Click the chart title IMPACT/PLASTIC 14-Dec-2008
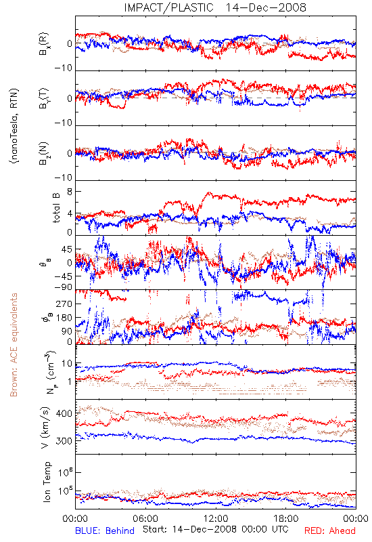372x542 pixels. (x=215, y=7)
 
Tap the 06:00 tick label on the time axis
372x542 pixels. (x=145, y=518)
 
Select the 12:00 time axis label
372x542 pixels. (x=216, y=518)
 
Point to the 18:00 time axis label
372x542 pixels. (x=286, y=518)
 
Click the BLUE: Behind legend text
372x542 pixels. (x=105, y=530)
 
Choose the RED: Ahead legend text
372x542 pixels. (x=330, y=530)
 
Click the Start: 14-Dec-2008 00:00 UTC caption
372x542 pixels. (x=216, y=529)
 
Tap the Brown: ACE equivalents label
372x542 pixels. (x=14, y=345)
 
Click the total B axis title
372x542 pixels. (x=56, y=208)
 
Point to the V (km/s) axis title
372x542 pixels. (x=45, y=428)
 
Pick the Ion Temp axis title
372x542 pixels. (x=47, y=482)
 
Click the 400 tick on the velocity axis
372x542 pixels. (x=64, y=413)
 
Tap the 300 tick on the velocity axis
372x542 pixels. (x=64, y=441)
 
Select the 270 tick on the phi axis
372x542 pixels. (x=64, y=304)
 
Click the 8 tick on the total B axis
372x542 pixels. (x=70, y=192)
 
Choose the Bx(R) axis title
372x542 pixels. (x=44, y=44)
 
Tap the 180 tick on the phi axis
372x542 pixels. (x=64, y=318)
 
